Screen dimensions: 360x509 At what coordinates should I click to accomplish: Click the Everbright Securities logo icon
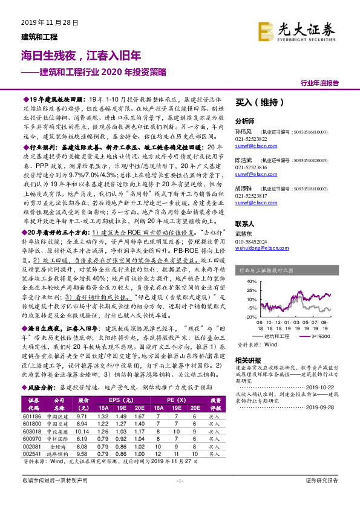[267, 30]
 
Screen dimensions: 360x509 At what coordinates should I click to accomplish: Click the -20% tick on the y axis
[250, 316]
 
